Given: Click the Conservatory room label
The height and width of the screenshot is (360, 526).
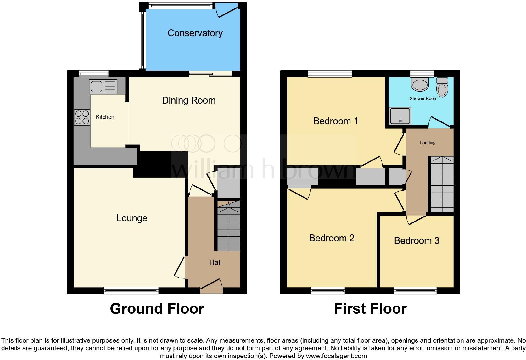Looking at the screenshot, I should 195,33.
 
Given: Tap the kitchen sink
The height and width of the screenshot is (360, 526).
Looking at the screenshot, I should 103,87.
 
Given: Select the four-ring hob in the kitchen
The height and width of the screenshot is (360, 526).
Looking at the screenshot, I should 82,117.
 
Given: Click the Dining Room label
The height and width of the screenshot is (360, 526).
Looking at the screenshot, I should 188,100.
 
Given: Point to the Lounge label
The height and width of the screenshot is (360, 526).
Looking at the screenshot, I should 131,218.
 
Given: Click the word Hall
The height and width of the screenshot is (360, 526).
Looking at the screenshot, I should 215,262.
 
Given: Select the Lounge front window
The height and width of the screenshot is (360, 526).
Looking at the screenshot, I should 131,291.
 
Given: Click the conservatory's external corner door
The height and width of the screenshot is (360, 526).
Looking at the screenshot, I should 227,11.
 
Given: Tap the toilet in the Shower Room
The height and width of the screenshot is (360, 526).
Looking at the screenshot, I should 442,87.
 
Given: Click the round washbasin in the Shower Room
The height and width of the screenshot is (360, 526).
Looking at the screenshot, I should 420,84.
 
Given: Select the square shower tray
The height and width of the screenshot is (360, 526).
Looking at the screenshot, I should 400,116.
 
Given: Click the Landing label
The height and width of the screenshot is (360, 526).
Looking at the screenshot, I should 428,143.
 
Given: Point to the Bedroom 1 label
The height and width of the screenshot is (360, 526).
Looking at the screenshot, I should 335,121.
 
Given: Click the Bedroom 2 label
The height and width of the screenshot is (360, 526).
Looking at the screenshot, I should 332,238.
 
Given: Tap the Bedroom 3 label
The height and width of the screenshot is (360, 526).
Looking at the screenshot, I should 417,241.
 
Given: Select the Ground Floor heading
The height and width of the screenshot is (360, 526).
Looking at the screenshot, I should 157,309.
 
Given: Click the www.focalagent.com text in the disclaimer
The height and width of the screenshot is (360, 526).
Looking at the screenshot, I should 336,356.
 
